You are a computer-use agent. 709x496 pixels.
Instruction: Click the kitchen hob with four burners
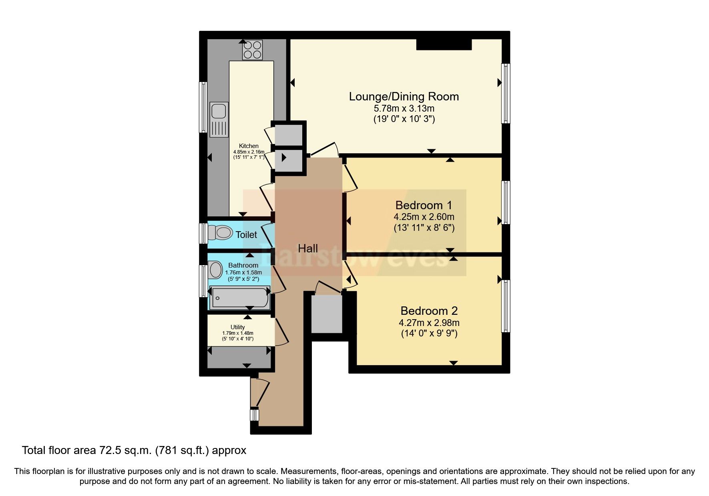point(252,50)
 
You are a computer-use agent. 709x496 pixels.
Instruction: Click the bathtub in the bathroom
point(240,298)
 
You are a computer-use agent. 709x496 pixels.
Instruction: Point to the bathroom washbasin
point(215,270)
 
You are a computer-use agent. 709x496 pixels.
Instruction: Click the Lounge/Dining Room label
point(404,96)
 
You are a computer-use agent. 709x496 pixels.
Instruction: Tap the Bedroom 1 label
point(424,205)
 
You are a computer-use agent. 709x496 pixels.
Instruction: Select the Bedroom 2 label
point(429,311)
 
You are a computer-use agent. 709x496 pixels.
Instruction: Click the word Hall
point(307,248)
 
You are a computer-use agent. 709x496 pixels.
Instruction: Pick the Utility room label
point(237,327)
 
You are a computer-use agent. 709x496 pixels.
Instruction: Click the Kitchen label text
point(249,146)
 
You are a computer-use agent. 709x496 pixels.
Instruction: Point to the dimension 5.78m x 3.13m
point(404,108)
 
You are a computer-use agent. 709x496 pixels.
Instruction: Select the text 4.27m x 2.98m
point(429,323)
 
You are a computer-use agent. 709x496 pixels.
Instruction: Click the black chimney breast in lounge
point(444,44)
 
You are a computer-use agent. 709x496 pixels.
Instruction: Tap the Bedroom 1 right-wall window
point(506,202)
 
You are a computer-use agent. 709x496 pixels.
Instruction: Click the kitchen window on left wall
point(203,107)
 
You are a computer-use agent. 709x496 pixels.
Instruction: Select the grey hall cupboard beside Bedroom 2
point(327,314)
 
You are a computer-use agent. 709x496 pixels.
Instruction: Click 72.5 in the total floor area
point(109,450)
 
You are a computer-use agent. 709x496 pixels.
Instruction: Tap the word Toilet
point(246,235)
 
